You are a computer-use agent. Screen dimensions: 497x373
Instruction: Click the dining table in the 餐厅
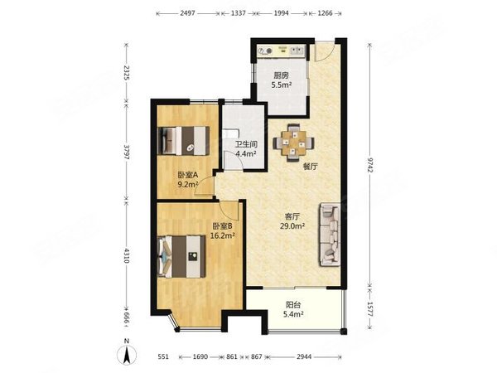(x=294, y=143)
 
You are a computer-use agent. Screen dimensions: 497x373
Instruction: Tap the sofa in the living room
(x=330, y=235)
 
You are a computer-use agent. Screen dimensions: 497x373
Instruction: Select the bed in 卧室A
(x=184, y=141)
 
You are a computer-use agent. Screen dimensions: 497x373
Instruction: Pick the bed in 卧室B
(x=181, y=256)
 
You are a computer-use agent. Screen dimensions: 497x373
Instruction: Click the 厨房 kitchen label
(x=282, y=75)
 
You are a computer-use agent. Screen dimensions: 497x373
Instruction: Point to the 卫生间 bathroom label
(x=246, y=144)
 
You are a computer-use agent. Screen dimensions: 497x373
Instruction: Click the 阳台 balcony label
(x=293, y=305)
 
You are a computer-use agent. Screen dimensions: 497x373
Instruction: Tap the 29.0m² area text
(x=292, y=226)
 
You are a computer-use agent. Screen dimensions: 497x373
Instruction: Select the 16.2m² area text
(x=223, y=235)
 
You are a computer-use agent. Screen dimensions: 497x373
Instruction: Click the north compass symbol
(x=127, y=353)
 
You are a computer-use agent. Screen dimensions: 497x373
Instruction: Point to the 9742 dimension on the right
(x=370, y=165)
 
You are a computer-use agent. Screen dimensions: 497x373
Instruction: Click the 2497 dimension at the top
(x=188, y=13)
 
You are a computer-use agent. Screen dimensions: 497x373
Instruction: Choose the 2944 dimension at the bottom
(x=304, y=356)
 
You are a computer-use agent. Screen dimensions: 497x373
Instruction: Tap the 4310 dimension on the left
(x=127, y=255)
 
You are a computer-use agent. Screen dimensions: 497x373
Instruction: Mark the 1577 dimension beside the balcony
(x=370, y=309)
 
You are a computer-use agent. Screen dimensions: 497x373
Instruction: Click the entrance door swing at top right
(x=325, y=51)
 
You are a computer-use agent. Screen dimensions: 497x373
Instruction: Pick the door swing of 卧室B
(x=229, y=211)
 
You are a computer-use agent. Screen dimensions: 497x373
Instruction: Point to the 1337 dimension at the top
(x=239, y=13)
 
